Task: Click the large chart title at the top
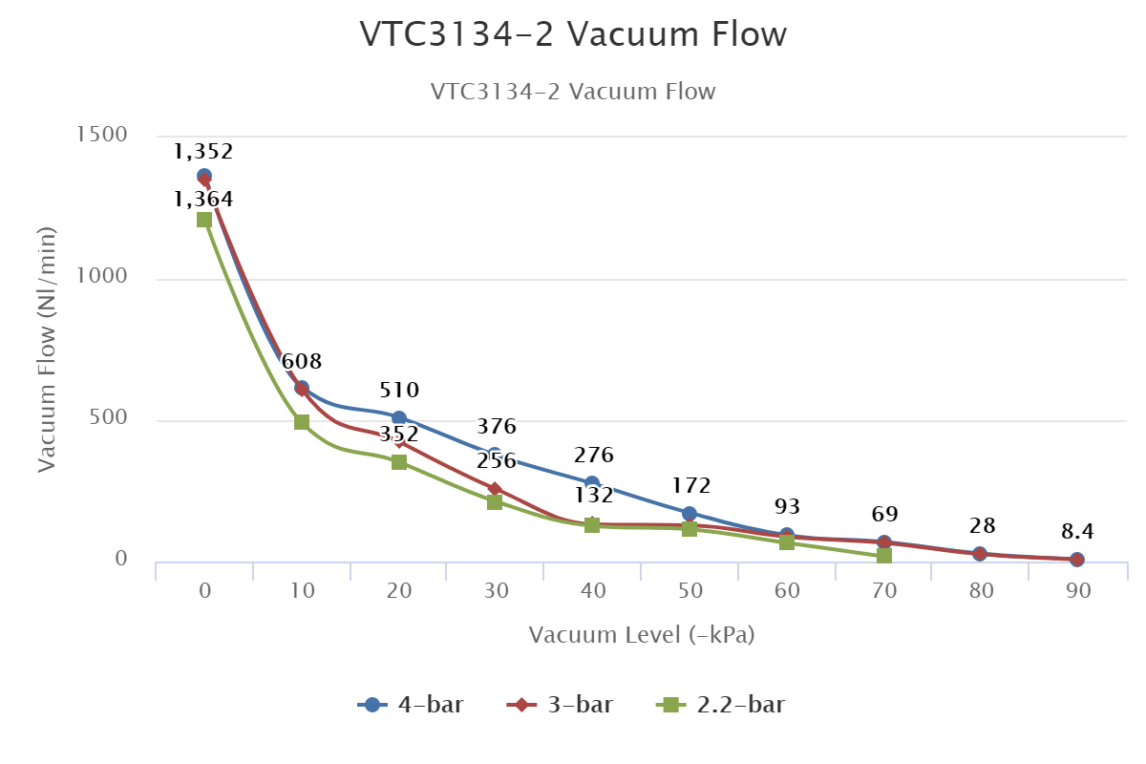(573, 34)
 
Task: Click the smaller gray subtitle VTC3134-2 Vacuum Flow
(573, 92)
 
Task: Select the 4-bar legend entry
(411, 705)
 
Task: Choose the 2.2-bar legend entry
(722, 705)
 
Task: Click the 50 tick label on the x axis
(690, 591)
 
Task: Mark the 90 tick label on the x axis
(1079, 591)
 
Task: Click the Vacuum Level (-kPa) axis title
(642, 635)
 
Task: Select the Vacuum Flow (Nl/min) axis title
(48, 350)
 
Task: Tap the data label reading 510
(399, 391)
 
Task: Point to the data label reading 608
(302, 362)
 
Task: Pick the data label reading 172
(690, 485)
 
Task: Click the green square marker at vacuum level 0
(204, 220)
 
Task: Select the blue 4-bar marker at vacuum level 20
(399, 418)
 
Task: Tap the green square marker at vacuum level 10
(302, 422)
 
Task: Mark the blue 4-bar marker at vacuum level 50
(690, 514)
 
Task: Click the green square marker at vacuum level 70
(884, 556)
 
